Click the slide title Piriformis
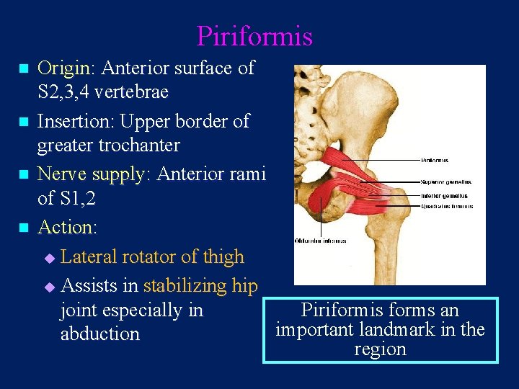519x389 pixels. pyautogui.click(x=254, y=36)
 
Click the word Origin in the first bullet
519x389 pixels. pyautogui.click(x=63, y=68)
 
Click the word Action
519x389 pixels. pyautogui.click(x=66, y=227)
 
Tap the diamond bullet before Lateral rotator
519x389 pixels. pyautogui.click(x=49, y=257)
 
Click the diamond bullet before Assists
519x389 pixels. pyautogui.click(x=49, y=287)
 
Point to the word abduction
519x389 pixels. pyautogui.click(x=100, y=334)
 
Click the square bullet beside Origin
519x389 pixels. pyautogui.click(x=23, y=69)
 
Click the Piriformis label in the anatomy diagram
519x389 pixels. pyautogui.click(x=435, y=160)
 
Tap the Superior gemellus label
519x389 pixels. pyautogui.click(x=447, y=183)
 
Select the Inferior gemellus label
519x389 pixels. pyautogui.click(x=445, y=195)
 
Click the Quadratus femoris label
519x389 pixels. pyautogui.click(x=447, y=207)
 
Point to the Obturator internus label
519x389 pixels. pyautogui.click(x=321, y=241)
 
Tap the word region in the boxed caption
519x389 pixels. pyautogui.click(x=380, y=349)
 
